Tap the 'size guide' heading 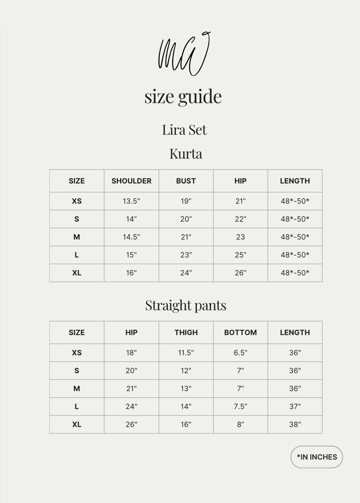pyautogui.click(x=183, y=97)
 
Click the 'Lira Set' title pyautogui.click(x=185, y=130)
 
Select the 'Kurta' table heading pyautogui.click(x=186, y=154)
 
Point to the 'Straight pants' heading pyautogui.click(x=186, y=305)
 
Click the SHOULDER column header pyautogui.click(x=131, y=181)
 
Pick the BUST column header pyautogui.click(x=186, y=181)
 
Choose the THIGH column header pyautogui.click(x=186, y=333)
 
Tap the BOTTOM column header pyautogui.click(x=240, y=333)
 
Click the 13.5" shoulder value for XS pyautogui.click(x=131, y=201)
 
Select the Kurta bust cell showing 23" pyautogui.click(x=186, y=255)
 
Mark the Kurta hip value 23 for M pyautogui.click(x=240, y=237)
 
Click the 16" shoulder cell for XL pyautogui.click(x=131, y=273)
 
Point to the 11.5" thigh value pyautogui.click(x=186, y=353)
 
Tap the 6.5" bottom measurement pyautogui.click(x=240, y=353)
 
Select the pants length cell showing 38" pyautogui.click(x=295, y=424)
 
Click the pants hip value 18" pyautogui.click(x=131, y=353)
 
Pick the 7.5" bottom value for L pyautogui.click(x=240, y=406)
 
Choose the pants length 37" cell pyautogui.click(x=295, y=406)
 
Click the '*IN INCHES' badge pyautogui.click(x=317, y=457)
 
